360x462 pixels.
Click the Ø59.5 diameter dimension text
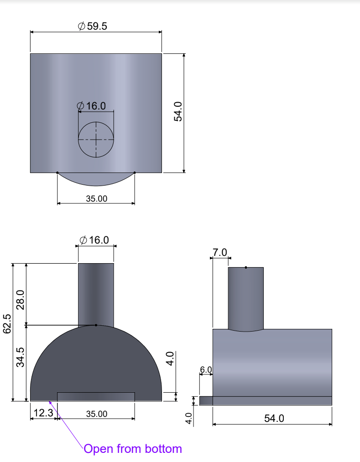click(x=93, y=26)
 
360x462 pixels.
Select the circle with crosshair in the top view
click(x=96, y=140)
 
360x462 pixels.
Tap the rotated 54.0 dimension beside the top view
click(x=178, y=111)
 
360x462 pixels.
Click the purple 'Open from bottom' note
click(x=133, y=449)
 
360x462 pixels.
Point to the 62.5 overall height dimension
click(x=7, y=324)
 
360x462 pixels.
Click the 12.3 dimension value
click(x=43, y=414)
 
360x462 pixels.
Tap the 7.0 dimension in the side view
click(x=219, y=253)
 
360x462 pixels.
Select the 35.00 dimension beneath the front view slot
click(x=96, y=414)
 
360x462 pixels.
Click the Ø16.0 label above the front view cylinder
click(x=94, y=240)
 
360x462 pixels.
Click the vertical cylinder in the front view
click(x=96, y=292)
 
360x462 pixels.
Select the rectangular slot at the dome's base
click(x=96, y=397)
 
